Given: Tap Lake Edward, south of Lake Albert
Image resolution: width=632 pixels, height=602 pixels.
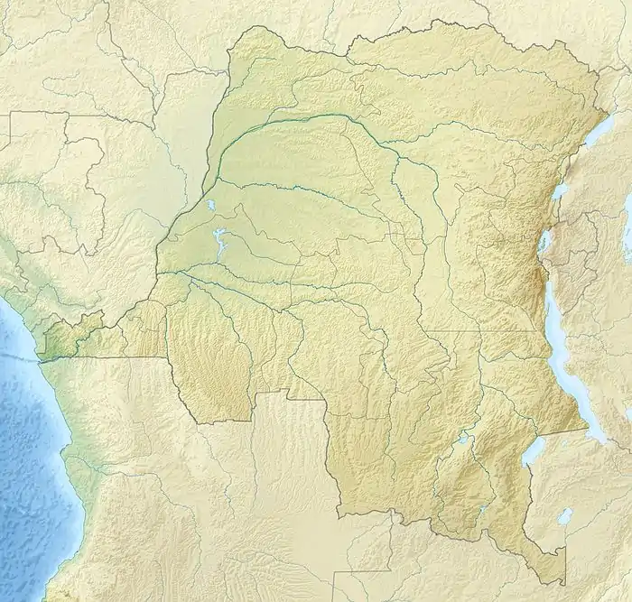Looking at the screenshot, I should coord(560,191).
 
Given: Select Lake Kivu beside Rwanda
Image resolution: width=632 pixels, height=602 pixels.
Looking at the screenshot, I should coord(544,241).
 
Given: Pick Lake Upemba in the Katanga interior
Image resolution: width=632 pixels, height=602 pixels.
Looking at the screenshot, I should coord(463,439).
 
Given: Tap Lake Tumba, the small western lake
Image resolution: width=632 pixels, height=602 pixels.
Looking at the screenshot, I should coord(209,207).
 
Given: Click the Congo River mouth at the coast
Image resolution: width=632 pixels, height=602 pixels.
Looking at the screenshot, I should coord(41,357).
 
